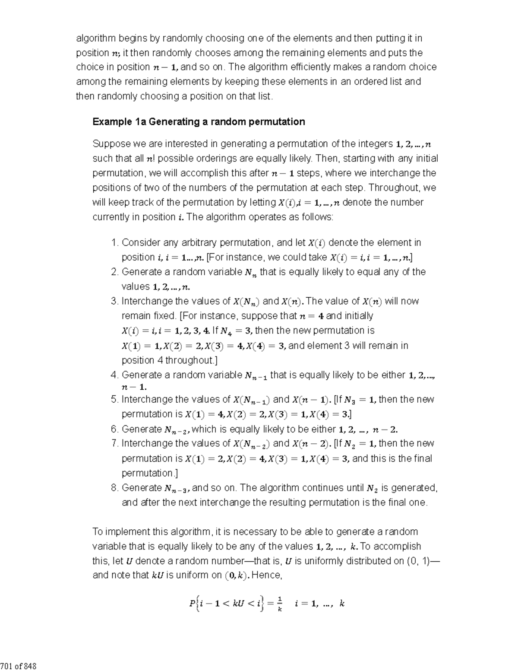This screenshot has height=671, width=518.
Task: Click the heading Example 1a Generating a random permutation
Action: coord(199,122)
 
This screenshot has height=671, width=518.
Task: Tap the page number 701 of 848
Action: coord(18,666)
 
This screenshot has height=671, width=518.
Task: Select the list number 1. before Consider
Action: coord(114,242)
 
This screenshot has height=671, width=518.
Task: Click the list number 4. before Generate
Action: coord(114,375)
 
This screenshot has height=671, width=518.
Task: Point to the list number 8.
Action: coord(114,488)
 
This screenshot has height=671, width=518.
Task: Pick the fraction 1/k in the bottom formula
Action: coord(280,604)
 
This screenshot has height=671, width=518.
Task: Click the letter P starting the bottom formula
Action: coord(192,604)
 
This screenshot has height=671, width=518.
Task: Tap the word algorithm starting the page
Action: coord(96,38)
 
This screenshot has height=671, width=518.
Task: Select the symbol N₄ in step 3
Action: coord(225,331)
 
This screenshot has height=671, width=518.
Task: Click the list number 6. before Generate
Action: coord(114,429)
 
